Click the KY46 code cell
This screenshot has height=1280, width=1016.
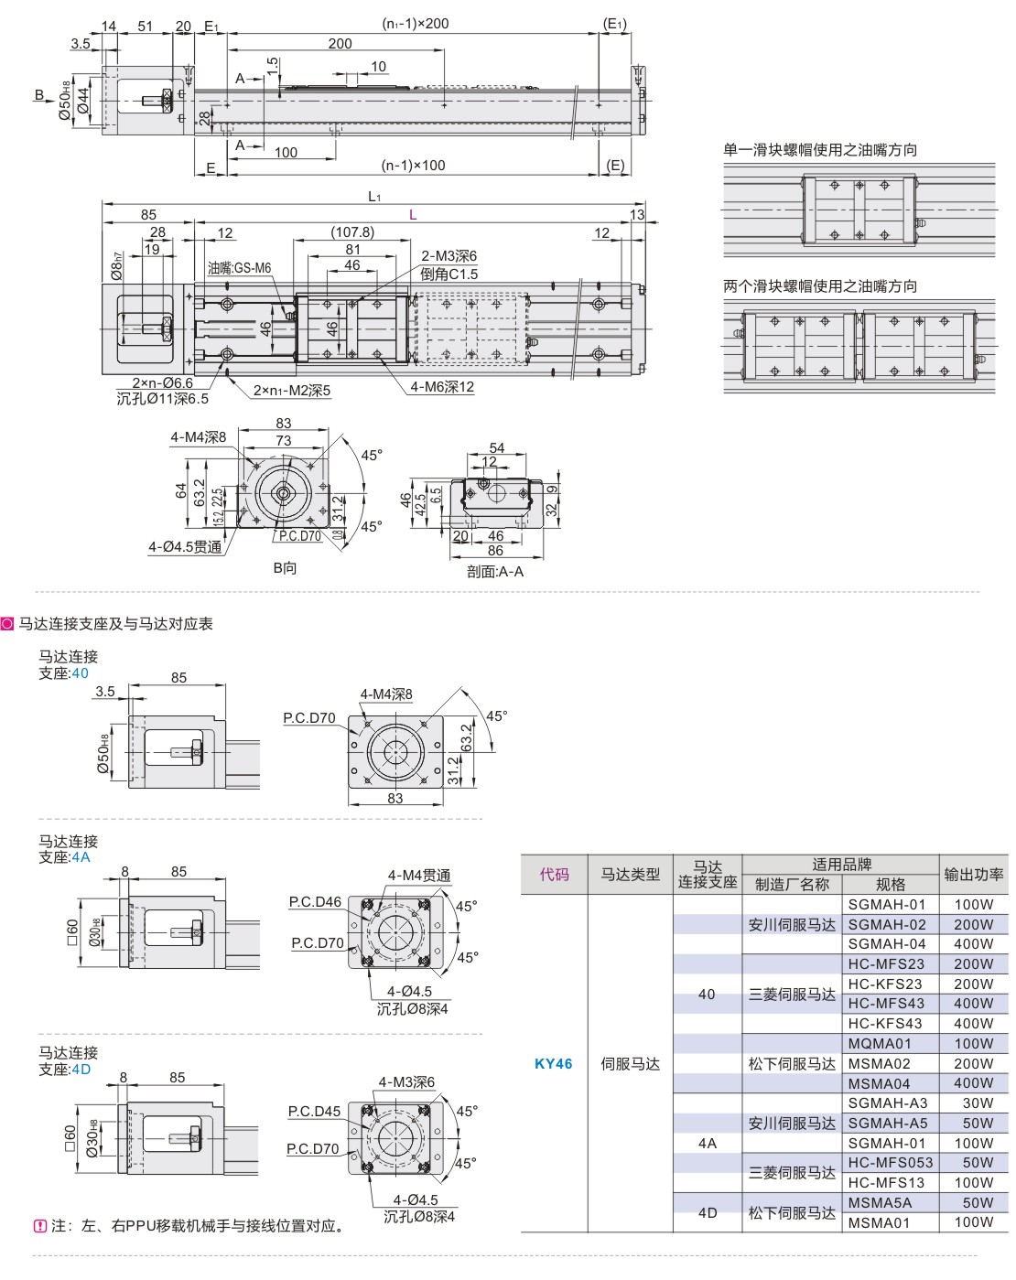pos(553,1063)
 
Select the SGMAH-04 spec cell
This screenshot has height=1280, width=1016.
pos(886,943)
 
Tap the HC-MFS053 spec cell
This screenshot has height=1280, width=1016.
pos(890,1162)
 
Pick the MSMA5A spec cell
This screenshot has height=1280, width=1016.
pos(880,1202)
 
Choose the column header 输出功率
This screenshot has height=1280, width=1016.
pos(974,875)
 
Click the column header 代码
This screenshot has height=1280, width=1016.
pos(554,875)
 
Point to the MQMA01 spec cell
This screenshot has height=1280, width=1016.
pos(880,1043)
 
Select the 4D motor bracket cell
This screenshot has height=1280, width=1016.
pos(707,1212)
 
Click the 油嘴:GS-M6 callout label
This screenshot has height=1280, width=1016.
pos(239,268)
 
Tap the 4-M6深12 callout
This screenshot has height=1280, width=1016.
pos(442,387)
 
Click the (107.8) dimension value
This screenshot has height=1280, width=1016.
pos(351,232)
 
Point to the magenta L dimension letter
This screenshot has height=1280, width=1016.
pos(413,215)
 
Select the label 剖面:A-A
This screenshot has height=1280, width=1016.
pos(495,572)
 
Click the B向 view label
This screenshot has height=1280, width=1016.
pos(285,568)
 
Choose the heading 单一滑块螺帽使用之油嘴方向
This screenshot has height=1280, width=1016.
pos(820,150)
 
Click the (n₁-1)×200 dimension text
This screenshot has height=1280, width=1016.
pos(415,24)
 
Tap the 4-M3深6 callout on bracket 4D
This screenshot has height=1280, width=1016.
pos(406,1082)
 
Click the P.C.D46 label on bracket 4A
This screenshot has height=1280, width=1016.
pos(315,902)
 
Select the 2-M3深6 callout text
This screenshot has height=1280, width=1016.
pos(449,256)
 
